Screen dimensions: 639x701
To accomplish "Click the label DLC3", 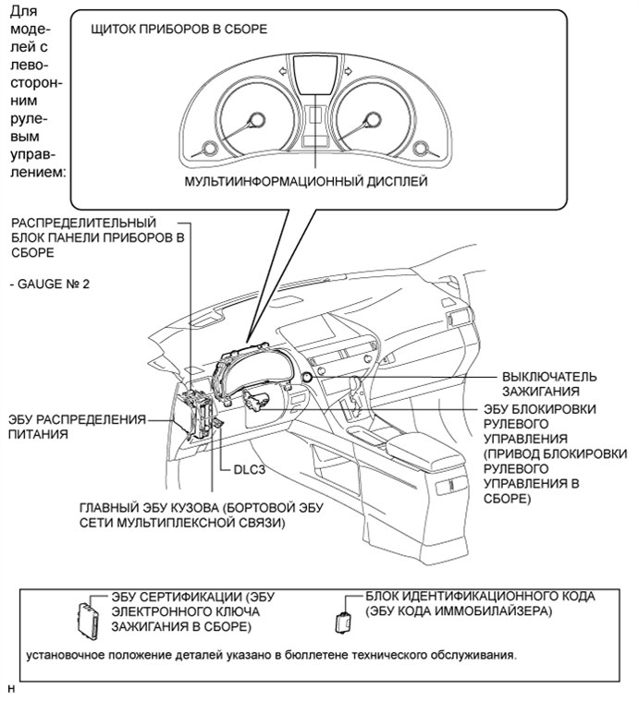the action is click(250, 470).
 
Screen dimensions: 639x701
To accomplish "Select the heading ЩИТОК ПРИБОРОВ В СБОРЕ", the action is click(179, 29).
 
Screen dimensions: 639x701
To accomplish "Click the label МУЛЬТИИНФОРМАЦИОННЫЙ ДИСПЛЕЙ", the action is click(306, 182).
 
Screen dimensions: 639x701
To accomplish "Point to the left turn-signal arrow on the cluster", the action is click(282, 70).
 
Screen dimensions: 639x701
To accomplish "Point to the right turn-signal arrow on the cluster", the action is click(349, 70).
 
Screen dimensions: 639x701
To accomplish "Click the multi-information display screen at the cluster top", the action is click(315, 75).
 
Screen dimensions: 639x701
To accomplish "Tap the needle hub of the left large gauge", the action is click(256, 120).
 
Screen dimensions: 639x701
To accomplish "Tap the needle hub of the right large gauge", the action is click(373, 120).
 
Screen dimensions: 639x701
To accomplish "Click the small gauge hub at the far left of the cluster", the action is click(209, 149).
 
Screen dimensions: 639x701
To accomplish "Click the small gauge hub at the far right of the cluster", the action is click(421, 149).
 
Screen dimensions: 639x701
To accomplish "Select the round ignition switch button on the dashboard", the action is click(307, 377).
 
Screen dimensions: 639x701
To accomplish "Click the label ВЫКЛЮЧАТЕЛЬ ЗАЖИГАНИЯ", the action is click(549, 384).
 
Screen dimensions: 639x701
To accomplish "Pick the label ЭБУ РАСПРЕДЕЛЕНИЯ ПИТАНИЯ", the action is click(77, 427).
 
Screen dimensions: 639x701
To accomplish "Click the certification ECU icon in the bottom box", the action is click(89, 619).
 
